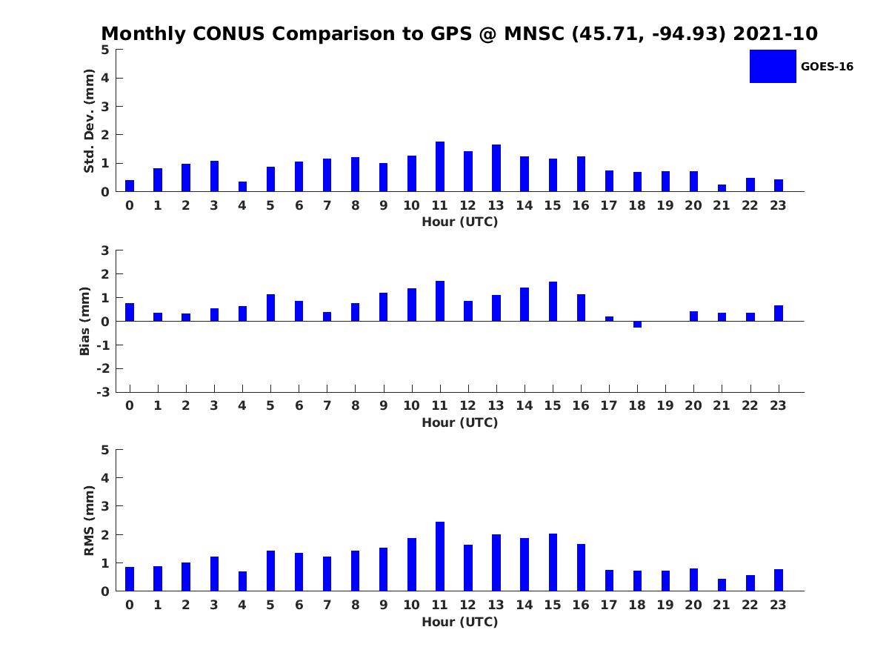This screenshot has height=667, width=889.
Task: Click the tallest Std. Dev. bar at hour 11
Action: (x=440, y=167)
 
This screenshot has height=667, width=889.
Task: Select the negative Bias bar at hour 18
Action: (x=637, y=325)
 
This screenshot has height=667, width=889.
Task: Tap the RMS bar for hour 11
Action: (x=440, y=557)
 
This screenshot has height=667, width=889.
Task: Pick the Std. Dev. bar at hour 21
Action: (x=722, y=188)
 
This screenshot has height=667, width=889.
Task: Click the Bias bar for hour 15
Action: (x=553, y=302)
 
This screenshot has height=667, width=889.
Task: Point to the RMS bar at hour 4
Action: (x=242, y=581)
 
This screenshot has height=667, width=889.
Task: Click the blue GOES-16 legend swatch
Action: (x=773, y=67)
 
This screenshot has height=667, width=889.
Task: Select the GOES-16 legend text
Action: (x=827, y=67)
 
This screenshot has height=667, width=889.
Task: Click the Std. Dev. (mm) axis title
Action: (x=89, y=121)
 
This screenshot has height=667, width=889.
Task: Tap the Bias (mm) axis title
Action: (x=84, y=321)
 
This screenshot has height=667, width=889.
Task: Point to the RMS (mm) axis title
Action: (x=89, y=520)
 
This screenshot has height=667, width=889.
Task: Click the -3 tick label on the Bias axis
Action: (x=103, y=392)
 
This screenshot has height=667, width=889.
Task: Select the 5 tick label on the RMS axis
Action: (x=105, y=450)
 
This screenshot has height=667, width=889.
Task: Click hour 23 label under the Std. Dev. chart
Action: (x=778, y=206)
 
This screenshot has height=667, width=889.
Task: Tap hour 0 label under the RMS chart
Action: (x=130, y=605)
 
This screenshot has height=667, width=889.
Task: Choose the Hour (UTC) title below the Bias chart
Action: (x=460, y=422)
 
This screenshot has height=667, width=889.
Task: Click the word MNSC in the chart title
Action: (x=534, y=33)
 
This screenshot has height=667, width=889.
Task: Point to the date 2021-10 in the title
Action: (x=775, y=33)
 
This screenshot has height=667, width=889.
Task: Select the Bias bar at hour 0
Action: (x=130, y=312)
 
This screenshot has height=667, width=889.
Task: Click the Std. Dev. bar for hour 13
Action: (x=496, y=168)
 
